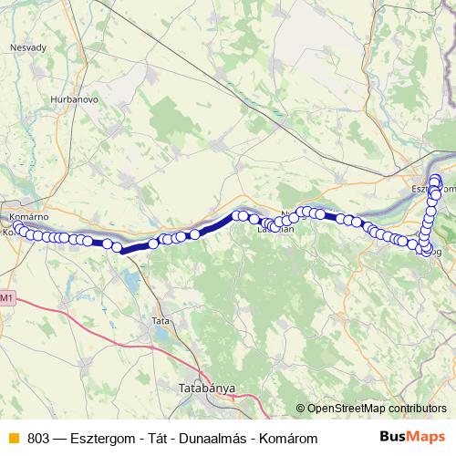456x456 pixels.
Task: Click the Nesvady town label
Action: coord(27,48)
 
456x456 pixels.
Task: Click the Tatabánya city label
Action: coord(203,389)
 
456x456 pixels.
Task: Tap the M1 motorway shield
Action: coord(7,298)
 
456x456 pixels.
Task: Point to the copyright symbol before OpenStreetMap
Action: coord(301,409)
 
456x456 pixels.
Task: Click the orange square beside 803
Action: coord(13,439)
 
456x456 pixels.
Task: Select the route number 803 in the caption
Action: coord(38,439)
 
